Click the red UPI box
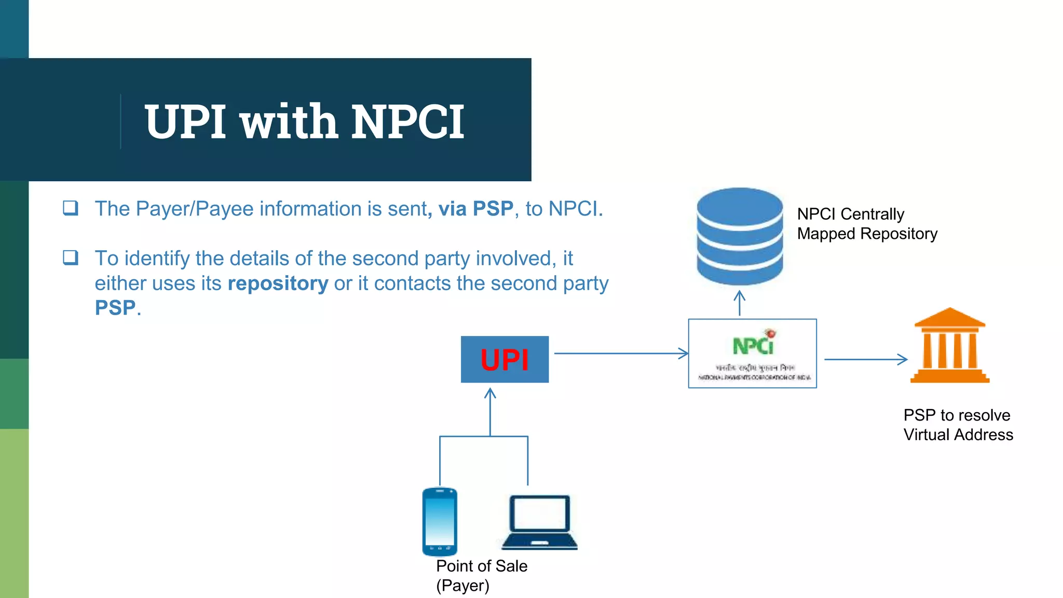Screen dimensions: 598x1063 [x=505, y=359]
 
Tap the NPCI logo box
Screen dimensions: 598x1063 [x=752, y=354]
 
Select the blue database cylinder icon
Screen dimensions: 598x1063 [x=740, y=236]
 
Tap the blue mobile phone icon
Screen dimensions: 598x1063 [x=440, y=521]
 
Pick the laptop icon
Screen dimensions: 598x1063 [x=540, y=522]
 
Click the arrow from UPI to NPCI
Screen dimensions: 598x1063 [x=621, y=354]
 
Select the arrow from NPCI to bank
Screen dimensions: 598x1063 [x=865, y=359]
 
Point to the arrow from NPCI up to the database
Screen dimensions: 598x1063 [x=740, y=303]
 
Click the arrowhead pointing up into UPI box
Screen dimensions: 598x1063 [x=490, y=395]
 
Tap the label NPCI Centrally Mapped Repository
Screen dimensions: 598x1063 [x=867, y=224]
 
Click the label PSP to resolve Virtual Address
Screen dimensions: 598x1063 [x=958, y=425]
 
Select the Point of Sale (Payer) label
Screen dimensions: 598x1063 [x=481, y=575]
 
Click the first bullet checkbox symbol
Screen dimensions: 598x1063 [x=71, y=208]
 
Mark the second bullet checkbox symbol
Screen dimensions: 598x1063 [x=71, y=257]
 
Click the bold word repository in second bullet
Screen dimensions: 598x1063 [x=278, y=283]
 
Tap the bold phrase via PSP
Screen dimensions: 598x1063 [x=475, y=209]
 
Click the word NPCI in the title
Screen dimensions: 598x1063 [x=407, y=122]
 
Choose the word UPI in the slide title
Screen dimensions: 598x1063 [x=185, y=122]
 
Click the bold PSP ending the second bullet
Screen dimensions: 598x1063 [x=115, y=308]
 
